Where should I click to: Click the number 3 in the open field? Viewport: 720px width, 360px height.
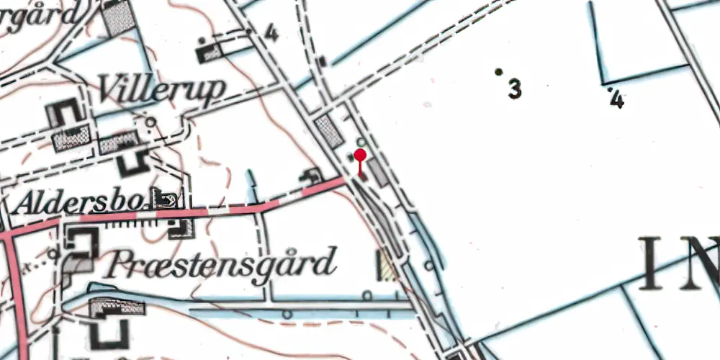pyautogui.click(x=514, y=89)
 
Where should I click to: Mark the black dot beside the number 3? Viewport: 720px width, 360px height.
pyautogui.click(x=498, y=72)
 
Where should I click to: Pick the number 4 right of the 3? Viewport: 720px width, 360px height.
pyautogui.click(x=616, y=100)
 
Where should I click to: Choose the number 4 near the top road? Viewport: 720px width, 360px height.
pyautogui.click(x=271, y=32)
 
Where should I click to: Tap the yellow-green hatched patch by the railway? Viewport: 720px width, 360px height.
pyautogui.click(x=388, y=264)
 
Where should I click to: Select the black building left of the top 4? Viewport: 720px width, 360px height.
pyautogui.click(x=210, y=53)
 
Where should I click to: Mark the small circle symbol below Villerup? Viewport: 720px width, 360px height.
pyautogui.click(x=149, y=122)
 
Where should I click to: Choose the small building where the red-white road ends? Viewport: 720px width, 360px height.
pyautogui.click(x=312, y=175)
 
